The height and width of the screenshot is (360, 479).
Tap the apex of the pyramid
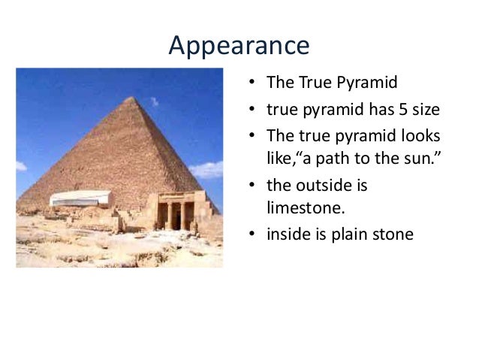[x=131, y=98]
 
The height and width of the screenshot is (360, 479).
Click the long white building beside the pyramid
[x=80, y=198]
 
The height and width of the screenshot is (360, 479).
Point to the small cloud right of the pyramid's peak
[x=153, y=101]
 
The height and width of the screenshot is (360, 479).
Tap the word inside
[x=286, y=234]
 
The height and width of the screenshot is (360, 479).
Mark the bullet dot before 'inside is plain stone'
[x=252, y=234]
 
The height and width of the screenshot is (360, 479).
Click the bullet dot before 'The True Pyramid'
[x=252, y=82]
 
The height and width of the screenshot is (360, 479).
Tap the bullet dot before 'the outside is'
[x=252, y=185]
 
